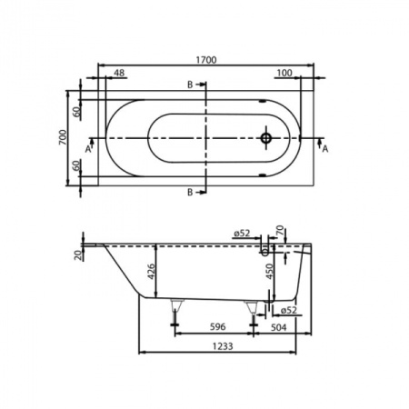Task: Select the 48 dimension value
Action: (x=118, y=73)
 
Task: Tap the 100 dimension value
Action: (x=285, y=73)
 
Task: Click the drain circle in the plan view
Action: (x=266, y=140)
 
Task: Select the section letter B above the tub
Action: (x=189, y=85)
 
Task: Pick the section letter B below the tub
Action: (x=189, y=193)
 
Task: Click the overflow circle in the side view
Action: (x=265, y=245)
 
